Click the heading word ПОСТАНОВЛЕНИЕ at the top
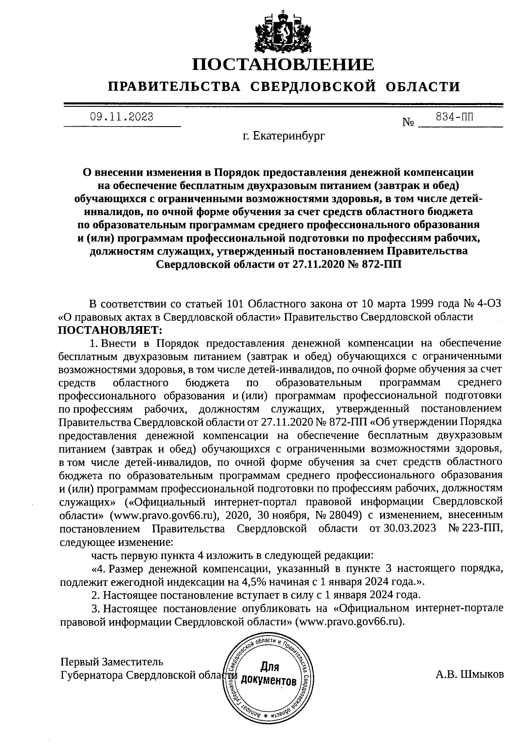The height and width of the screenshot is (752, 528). click(283, 65)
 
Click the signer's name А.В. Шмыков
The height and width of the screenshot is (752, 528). click(470, 675)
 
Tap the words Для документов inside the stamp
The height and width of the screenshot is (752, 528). click(270, 674)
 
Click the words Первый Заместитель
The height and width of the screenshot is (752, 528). click(112, 661)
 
